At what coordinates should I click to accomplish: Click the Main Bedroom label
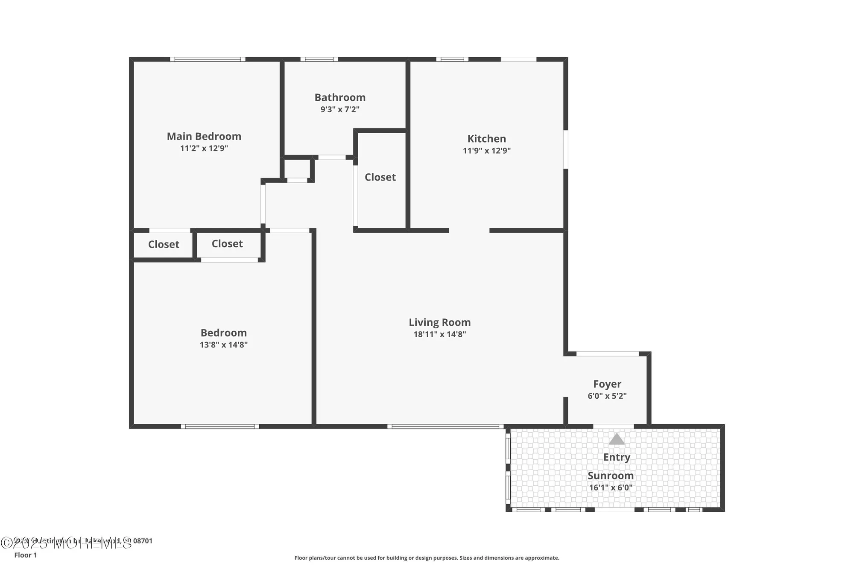(x=204, y=136)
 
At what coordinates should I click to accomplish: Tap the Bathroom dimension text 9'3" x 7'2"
(x=340, y=109)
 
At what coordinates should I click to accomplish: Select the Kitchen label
(x=486, y=139)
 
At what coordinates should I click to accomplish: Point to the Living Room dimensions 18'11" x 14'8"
(x=439, y=334)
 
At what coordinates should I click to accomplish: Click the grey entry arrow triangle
(x=616, y=439)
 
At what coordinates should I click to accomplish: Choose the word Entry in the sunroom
(x=616, y=457)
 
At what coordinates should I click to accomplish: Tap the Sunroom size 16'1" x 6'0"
(x=610, y=487)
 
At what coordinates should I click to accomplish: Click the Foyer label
(x=607, y=384)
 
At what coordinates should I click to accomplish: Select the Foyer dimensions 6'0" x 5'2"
(x=607, y=396)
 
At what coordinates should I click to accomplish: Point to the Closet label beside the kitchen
(x=380, y=177)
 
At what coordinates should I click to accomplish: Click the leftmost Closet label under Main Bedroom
(x=164, y=245)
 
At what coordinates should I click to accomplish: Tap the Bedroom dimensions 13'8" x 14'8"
(x=223, y=345)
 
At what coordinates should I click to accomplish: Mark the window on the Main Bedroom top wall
(x=208, y=59)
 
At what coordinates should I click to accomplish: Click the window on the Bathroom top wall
(x=319, y=59)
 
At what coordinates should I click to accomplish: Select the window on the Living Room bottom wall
(x=445, y=426)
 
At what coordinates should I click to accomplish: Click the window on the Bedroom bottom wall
(x=220, y=426)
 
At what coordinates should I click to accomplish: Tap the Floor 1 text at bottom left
(x=26, y=555)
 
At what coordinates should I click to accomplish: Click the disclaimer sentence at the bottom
(x=427, y=557)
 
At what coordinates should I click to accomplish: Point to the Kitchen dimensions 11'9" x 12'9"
(x=486, y=151)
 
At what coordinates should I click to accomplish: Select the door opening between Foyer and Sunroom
(x=613, y=426)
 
